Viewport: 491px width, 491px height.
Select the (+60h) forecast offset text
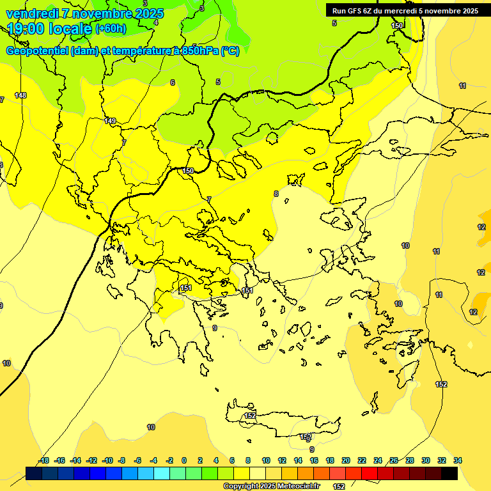110,28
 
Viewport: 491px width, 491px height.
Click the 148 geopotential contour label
20,95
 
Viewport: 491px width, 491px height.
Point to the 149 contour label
110,121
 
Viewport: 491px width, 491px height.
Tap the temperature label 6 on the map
172,82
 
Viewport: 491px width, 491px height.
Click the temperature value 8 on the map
276,194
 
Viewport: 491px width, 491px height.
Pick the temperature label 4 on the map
156,22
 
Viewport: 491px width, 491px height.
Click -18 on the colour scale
43,460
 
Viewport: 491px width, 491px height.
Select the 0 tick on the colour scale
184,460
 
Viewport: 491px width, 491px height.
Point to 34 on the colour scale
458,460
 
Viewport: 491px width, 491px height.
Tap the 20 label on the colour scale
345,460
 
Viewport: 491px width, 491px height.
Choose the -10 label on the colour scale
107,460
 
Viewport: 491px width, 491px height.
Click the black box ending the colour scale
449,473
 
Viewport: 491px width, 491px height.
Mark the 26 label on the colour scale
394,460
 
